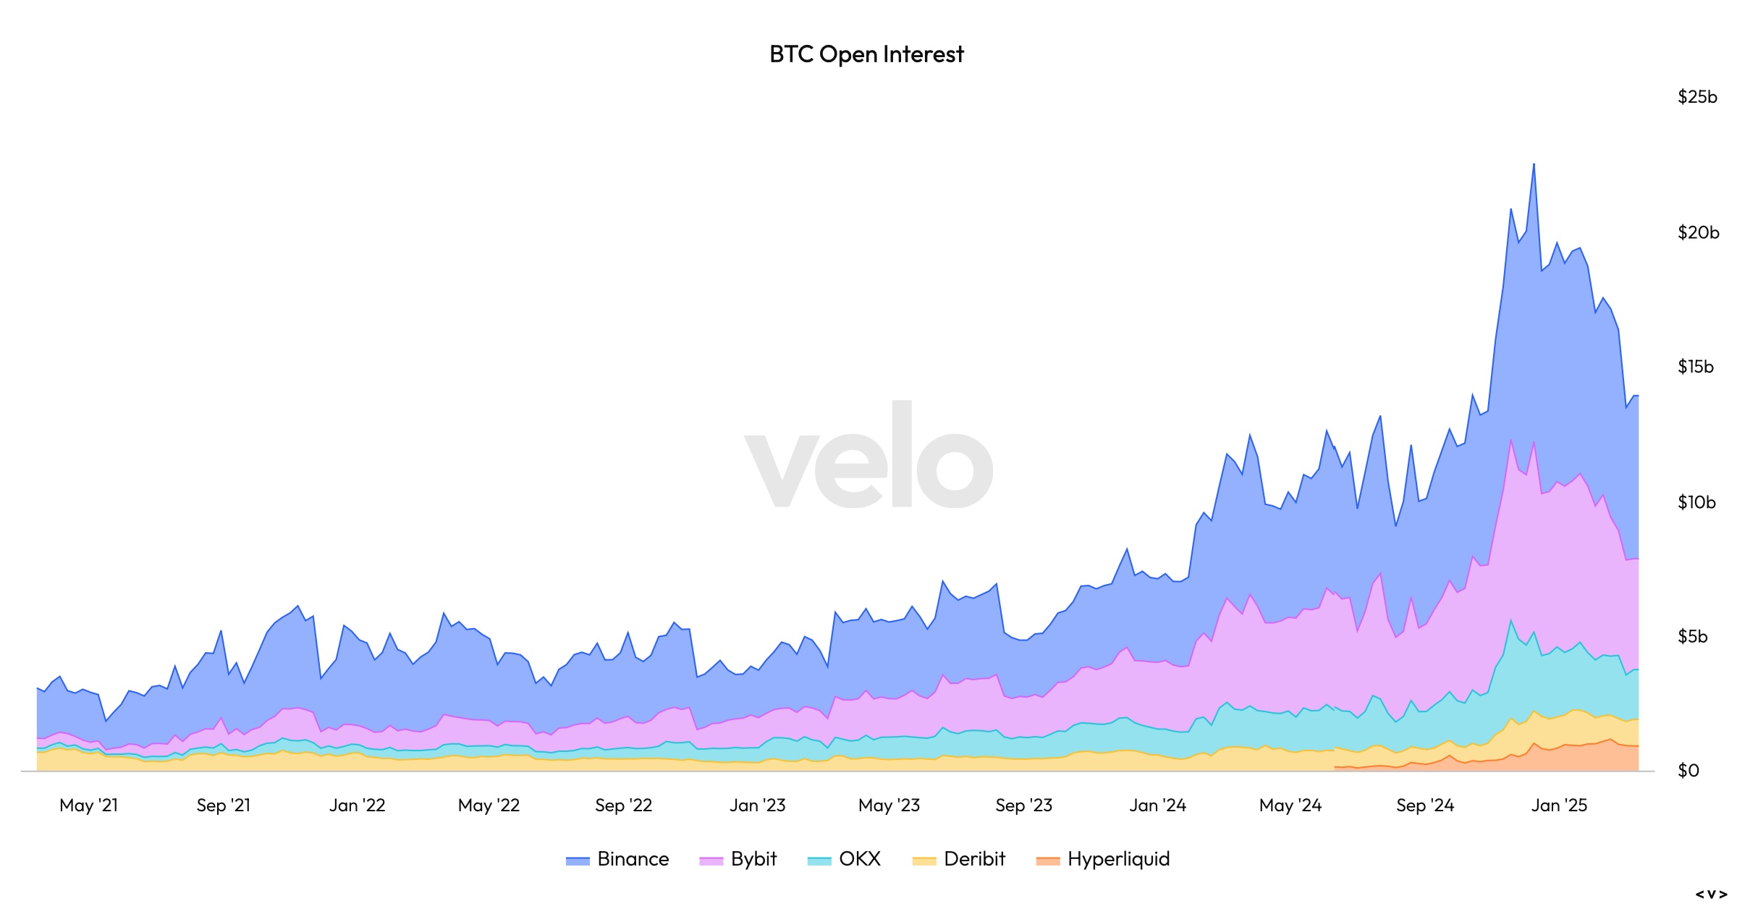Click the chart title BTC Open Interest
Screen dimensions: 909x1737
point(866,54)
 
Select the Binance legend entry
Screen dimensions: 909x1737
point(617,859)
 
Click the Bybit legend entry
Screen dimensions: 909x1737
point(738,859)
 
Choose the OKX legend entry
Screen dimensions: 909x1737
point(845,859)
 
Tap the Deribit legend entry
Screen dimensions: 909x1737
point(959,859)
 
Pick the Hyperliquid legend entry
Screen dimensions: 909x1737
point(1103,859)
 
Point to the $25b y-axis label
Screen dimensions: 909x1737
point(1696,97)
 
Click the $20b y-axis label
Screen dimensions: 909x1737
point(1697,232)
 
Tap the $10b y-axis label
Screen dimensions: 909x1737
point(1696,502)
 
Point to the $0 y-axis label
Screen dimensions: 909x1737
point(1688,771)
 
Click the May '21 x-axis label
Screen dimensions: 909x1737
point(88,806)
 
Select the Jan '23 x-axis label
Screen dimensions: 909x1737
point(757,806)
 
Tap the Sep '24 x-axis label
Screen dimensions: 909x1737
point(1424,806)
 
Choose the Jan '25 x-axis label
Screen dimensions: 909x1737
point(1559,806)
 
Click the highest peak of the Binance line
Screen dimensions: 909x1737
point(1534,164)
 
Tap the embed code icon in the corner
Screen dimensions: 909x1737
point(1710,895)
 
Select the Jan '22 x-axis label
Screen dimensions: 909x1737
point(357,806)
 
